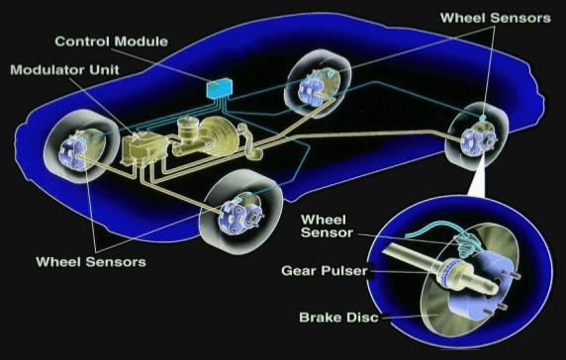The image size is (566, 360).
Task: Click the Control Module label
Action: click(x=111, y=42)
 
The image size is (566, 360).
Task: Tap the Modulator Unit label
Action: click(x=64, y=69)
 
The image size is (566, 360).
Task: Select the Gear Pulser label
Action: click(x=325, y=271)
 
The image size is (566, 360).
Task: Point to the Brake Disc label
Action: click(x=338, y=317)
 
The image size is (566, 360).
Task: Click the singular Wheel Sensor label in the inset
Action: click(x=327, y=226)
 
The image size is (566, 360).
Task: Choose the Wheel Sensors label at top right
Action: click(x=495, y=18)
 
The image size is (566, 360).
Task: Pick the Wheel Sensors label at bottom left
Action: click(x=91, y=261)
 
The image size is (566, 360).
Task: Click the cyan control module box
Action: click(x=219, y=88)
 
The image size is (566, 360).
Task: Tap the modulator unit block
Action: click(x=143, y=149)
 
